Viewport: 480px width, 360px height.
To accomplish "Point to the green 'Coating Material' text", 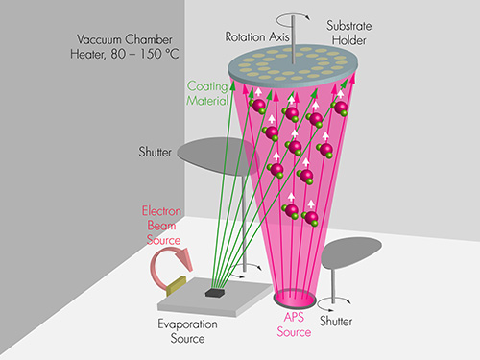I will [207, 91].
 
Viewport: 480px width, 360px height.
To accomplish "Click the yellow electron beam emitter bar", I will [176, 284].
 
